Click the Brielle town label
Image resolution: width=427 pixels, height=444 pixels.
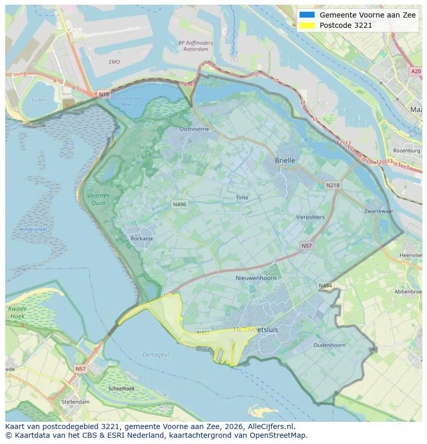click(285, 160)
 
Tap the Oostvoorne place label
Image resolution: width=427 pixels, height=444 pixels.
click(194, 129)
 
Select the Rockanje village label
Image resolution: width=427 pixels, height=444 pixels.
click(142, 239)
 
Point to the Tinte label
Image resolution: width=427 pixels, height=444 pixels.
click(242, 198)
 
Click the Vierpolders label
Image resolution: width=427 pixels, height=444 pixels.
click(310, 217)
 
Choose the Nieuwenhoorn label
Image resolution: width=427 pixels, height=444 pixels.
click(256, 278)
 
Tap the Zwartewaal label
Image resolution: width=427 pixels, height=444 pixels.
click(378, 211)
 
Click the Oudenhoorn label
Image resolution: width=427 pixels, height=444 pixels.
click(330, 345)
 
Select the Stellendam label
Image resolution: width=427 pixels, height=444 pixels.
click(75, 402)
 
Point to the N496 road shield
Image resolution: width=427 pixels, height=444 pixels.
click(179, 205)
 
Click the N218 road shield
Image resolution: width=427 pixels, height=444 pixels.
click(333, 185)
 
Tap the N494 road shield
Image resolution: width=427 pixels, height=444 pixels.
click(325, 286)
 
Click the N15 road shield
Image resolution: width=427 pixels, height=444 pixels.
click(104, 94)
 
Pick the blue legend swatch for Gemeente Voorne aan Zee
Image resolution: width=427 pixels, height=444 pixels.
click(306, 15)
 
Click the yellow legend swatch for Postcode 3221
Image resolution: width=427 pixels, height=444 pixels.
click(306, 25)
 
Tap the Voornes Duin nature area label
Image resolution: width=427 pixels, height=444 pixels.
click(98, 199)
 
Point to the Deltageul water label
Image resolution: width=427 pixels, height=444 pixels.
click(156, 355)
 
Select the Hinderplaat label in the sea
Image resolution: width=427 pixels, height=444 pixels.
click(33, 229)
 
